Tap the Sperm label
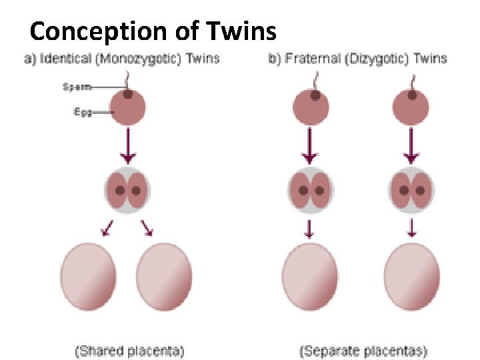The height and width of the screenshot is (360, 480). pos(75,87)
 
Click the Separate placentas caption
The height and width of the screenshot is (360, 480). pos(363,349)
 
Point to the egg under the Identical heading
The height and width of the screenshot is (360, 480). pos(127,109)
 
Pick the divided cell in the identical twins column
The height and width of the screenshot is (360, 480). pos(127,189)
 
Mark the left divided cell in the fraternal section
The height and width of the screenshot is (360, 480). pos(311,189)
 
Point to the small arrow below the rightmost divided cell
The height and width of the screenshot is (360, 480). pos(411,229)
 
